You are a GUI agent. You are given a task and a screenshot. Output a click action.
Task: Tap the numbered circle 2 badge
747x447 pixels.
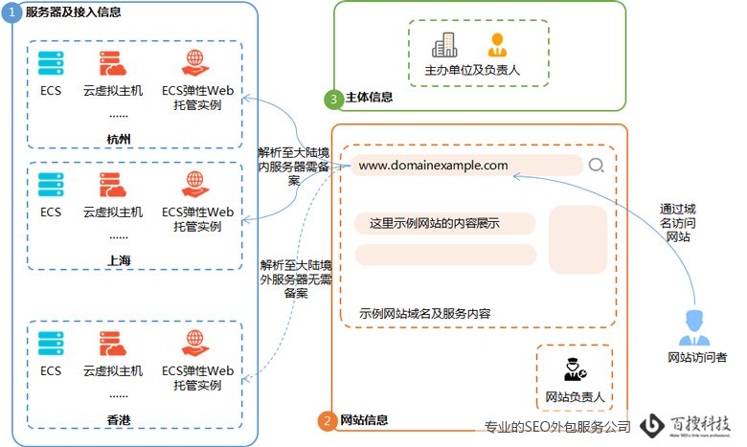328,420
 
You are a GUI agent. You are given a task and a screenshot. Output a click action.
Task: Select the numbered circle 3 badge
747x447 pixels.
333,98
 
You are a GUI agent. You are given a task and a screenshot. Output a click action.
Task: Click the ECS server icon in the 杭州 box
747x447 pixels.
51,64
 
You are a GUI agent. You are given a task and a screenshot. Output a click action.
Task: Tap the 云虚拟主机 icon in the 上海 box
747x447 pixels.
112,185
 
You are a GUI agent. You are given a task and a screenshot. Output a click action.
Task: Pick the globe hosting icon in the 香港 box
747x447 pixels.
196,343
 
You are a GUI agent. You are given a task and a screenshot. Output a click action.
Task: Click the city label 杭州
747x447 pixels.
119,139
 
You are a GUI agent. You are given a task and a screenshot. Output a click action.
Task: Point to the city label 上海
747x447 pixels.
119,259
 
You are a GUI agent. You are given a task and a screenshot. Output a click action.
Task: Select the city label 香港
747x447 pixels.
119,418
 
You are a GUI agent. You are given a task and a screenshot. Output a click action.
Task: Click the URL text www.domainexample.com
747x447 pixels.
434,166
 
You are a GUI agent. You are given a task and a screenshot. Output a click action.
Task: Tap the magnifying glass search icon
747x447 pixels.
597,166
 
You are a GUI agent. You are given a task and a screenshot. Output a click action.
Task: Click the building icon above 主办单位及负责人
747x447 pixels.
444,44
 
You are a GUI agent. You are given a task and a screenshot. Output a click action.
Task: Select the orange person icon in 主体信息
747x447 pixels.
496,44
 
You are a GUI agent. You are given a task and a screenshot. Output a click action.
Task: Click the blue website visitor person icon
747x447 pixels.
694,327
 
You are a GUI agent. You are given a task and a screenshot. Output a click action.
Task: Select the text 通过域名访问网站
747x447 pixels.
677,221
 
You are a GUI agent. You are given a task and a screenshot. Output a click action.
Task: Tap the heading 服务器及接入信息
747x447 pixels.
66,12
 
